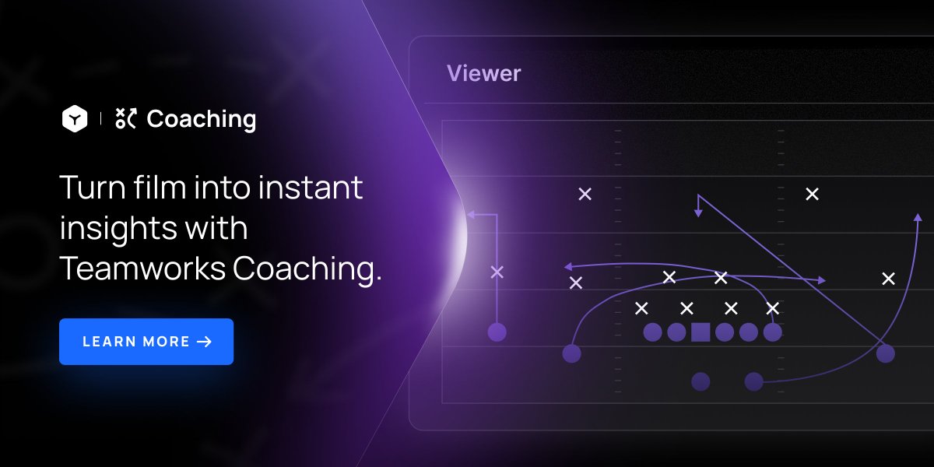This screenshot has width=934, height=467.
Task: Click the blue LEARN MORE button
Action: (x=146, y=342)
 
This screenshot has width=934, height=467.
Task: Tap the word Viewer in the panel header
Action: (x=483, y=74)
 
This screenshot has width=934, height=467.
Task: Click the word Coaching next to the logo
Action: (x=201, y=119)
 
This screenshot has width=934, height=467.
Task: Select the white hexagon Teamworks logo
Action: (x=75, y=119)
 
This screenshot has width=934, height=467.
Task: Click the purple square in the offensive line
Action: (x=700, y=332)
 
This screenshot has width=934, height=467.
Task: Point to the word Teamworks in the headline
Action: (x=142, y=269)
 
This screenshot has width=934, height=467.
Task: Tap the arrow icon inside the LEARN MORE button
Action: (x=205, y=342)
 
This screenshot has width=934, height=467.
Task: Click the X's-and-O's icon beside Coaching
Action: (x=125, y=118)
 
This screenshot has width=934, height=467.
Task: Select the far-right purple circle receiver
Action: (x=885, y=354)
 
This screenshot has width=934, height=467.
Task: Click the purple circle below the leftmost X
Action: (x=497, y=332)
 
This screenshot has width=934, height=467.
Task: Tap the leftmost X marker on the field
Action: (x=497, y=272)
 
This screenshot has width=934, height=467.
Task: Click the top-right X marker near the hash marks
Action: (x=812, y=194)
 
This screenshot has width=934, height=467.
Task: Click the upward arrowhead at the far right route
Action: (x=917, y=218)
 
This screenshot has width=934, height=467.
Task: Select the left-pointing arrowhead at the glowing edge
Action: (x=472, y=213)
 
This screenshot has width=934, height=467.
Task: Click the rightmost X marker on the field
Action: (x=888, y=279)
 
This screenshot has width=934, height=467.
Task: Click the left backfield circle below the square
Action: (x=700, y=381)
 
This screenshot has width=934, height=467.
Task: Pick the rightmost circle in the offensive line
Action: (x=772, y=332)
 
